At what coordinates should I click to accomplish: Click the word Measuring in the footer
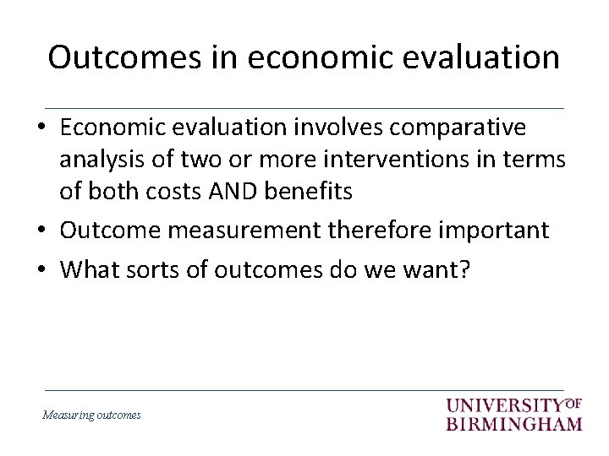click(68, 415)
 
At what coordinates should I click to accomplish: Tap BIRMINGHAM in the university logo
click(514, 423)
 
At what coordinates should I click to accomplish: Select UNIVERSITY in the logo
click(504, 404)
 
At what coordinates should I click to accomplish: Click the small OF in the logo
click(573, 401)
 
